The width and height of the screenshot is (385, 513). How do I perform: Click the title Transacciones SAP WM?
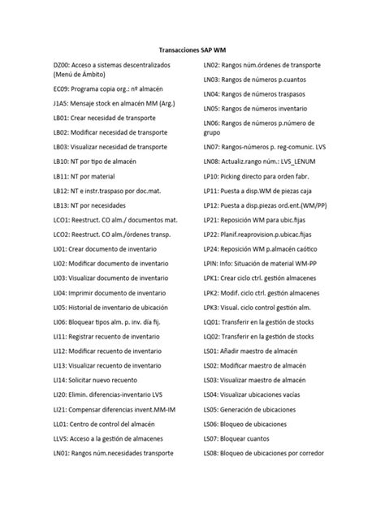click(x=192, y=49)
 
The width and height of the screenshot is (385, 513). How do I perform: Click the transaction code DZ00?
click(x=63, y=64)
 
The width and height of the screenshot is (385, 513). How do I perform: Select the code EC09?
click(x=63, y=88)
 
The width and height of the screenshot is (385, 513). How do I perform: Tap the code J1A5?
click(x=62, y=104)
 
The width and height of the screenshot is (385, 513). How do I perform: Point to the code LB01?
click(x=63, y=119)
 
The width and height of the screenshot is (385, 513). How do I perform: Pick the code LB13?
click(x=63, y=205)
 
